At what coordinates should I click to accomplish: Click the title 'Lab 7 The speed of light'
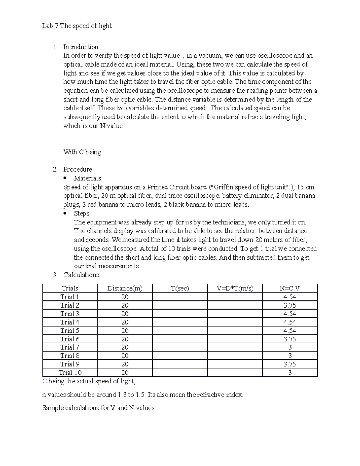pyautogui.click(x=77, y=26)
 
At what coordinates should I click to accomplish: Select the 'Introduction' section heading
pyautogui.click(x=81, y=47)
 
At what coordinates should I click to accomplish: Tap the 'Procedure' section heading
pyautogui.click(x=77, y=169)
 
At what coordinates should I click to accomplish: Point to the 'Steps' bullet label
pyautogui.click(x=82, y=213)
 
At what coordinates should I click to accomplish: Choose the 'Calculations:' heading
pyautogui.click(x=82, y=275)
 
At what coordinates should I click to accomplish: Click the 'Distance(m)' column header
pyautogui.click(x=125, y=288)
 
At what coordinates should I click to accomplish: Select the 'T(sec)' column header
pyautogui.click(x=180, y=288)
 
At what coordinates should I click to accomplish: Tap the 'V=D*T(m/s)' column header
pyautogui.click(x=235, y=288)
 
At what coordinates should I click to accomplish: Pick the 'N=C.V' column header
pyautogui.click(x=290, y=288)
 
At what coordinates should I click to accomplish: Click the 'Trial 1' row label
pyautogui.click(x=70, y=297)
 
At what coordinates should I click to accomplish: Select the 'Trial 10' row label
pyautogui.click(x=70, y=373)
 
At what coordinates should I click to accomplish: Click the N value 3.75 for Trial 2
pyautogui.click(x=290, y=305)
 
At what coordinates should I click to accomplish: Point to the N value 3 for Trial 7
pyautogui.click(x=290, y=347)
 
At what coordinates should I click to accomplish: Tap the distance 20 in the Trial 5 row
pyautogui.click(x=125, y=331)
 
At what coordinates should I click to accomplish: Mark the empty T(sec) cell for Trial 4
pyautogui.click(x=180, y=322)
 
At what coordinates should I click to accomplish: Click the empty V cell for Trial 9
pyautogui.click(x=235, y=364)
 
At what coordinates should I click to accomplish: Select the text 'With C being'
pyautogui.click(x=82, y=152)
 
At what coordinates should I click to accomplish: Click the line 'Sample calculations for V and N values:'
pyautogui.click(x=99, y=408)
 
